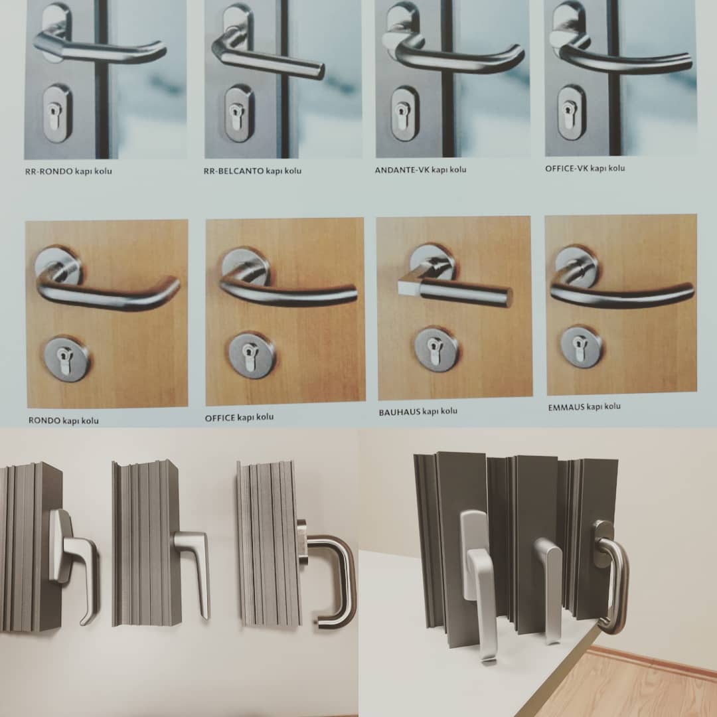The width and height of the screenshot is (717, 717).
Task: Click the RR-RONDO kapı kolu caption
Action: pos(68,171)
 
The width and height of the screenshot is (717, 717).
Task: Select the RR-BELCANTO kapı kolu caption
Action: pos(252,171)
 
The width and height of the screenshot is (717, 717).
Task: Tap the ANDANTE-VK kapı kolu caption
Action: pos(421,170)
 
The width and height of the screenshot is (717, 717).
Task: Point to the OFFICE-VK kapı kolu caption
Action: pos(585,168)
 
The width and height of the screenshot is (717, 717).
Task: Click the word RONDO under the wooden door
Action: pos(44,420)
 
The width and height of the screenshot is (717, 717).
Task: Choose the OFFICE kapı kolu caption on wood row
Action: pos(239,418)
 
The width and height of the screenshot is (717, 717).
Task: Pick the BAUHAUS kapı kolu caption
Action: pos(418,412)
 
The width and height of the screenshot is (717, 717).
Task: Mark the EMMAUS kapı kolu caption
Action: pos(584,407)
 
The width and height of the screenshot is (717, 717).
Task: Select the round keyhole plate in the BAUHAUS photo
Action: pos(436,349)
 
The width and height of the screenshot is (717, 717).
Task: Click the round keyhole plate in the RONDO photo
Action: pos(67,359)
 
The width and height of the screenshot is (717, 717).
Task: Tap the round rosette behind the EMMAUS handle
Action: pos(575,267)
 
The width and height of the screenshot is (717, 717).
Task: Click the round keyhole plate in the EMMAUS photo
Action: pos(581,347)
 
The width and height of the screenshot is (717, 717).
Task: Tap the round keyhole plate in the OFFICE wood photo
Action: pos(252,355)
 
